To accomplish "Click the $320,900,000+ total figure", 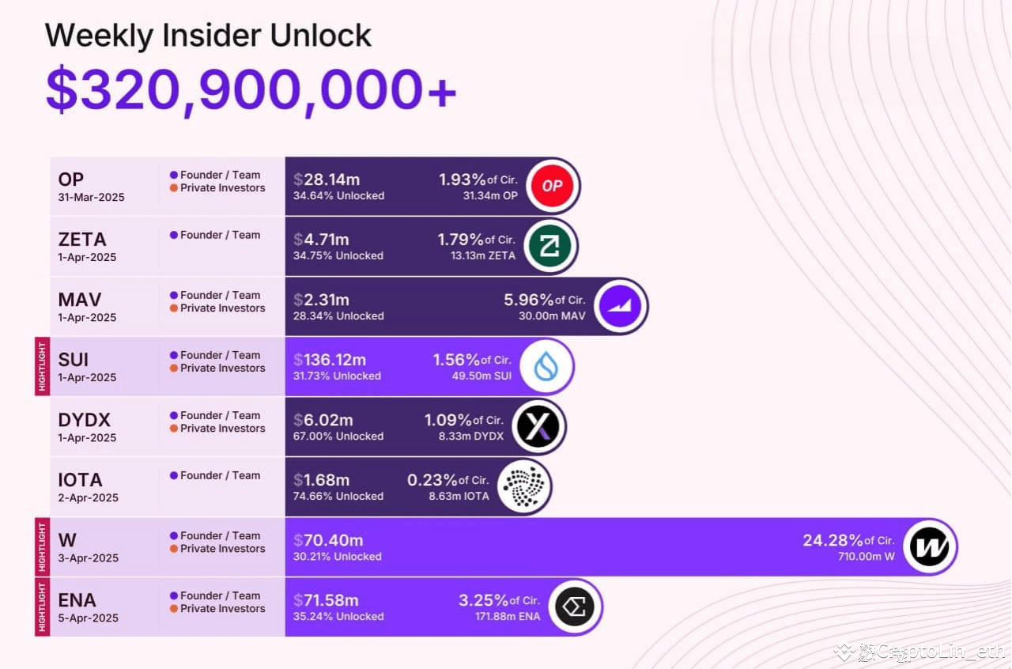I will click(251, 89).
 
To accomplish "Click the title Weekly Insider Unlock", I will click(208, 36).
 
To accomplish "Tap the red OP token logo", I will click(553, 186).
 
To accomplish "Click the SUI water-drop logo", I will click(546, 366).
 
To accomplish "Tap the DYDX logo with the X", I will click(538, 427).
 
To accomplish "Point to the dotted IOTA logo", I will click(523, 487).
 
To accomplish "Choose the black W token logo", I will click(929, 547).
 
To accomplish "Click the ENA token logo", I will click(574, 607).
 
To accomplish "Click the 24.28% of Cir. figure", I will click(848, 540).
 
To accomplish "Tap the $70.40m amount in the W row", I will click(328, 540).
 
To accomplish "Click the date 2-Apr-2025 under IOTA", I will click(88, 497).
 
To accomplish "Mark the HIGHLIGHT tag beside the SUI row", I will click(42, 366).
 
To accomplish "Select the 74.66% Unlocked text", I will click(338, 497).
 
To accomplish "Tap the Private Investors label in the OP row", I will click(222, 188).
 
